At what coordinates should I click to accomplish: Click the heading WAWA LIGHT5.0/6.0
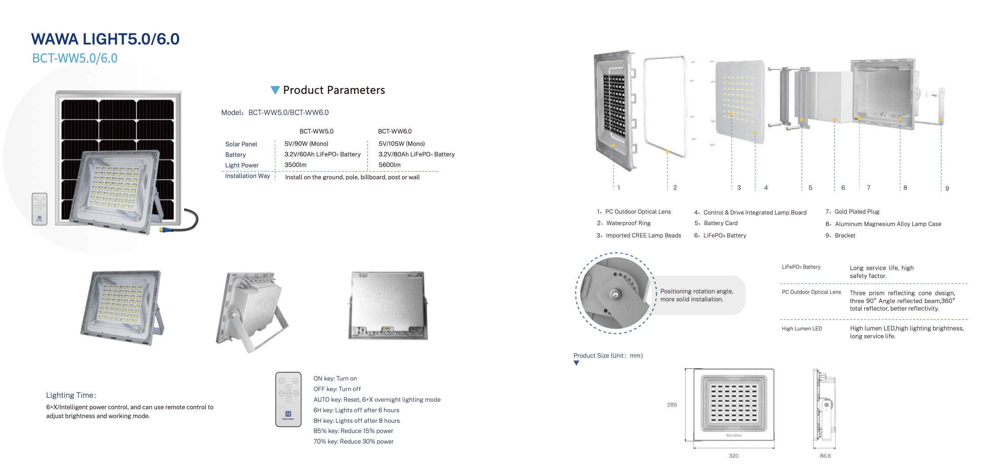pos(105,39)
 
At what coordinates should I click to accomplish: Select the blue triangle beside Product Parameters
pos(275,90)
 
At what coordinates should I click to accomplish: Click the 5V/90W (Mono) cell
pos(306,144)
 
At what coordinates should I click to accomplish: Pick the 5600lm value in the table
pos(390,165)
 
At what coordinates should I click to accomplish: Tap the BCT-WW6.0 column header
pos(395,131)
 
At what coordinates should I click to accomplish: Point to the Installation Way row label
pos(247,176)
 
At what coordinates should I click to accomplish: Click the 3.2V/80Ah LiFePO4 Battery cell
pos(417,154)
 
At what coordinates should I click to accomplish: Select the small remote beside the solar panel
pos(39,209)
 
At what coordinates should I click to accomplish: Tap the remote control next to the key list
pos(288,400)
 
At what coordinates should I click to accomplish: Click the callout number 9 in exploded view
pos(947,189)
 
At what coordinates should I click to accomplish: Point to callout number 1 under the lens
pos(619,188)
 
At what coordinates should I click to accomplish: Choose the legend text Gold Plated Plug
pos(857,212)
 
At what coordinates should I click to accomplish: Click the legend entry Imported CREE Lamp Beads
pos(643,236)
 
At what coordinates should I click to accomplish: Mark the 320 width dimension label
pos(734,456)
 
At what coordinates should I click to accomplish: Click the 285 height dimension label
pos(672,405)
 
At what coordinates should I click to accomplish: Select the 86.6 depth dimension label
pos(825,456)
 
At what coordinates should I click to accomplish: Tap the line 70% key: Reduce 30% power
pos(354,441)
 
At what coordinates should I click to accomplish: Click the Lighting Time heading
pos(71,395)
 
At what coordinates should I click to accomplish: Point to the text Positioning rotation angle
pos(697,292)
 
